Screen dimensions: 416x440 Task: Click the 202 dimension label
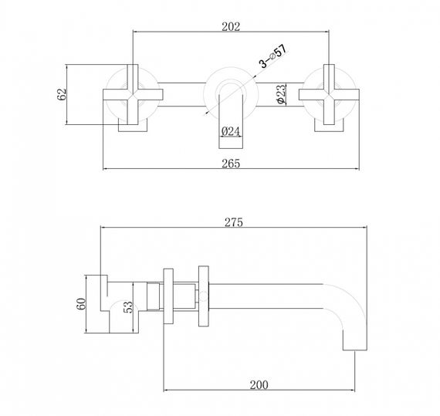231,26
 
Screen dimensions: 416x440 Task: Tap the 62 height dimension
63,95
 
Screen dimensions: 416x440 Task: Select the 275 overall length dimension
235,222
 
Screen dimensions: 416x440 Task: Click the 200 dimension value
259,383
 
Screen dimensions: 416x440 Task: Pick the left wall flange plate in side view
168,296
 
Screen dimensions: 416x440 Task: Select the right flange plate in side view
205,296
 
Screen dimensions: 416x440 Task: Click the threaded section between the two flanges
186,296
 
